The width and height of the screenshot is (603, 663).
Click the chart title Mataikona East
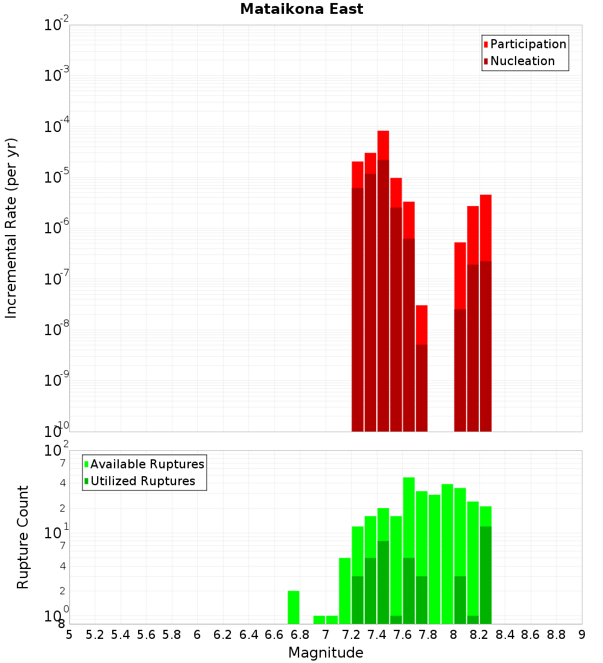click(301, 10)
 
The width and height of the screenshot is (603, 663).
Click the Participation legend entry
click(528, 44)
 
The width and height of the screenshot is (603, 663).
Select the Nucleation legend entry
click(522, 61)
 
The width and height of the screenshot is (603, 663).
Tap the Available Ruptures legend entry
click(147, 464)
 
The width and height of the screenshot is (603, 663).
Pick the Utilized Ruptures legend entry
click(142, 481)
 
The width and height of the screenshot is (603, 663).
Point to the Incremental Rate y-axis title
click(11, 228)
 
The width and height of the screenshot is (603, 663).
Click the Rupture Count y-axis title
click(23, 536)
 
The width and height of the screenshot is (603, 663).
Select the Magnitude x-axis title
click(326, 653)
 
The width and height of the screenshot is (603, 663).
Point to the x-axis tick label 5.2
click(95, 635)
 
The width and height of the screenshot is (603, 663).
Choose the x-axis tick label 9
click(582, 635)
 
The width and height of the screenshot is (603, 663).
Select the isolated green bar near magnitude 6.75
click(294, 607)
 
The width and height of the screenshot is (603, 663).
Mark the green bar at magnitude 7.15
click(345, 591)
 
